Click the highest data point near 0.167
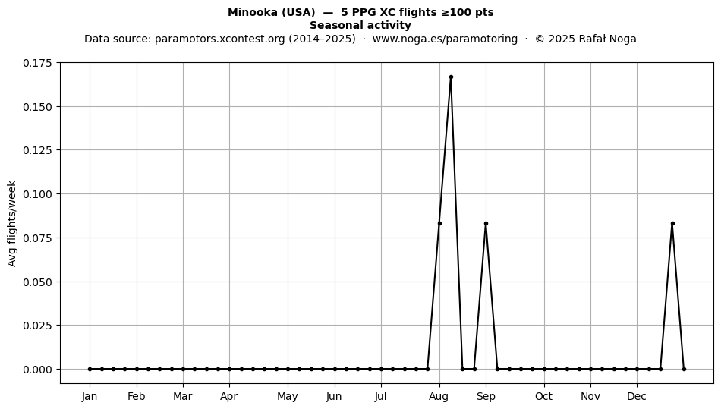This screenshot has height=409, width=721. [451, 77]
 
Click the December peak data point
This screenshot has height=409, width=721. [672, 223]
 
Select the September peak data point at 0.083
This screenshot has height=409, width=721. [486, 223]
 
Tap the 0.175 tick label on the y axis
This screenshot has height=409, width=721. [38, 63]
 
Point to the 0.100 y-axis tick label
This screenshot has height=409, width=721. [38, 194]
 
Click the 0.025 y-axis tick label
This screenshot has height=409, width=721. [38, 326]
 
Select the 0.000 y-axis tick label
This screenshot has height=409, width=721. [38, 369]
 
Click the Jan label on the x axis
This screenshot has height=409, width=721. [90, 396]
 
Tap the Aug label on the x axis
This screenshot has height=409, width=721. [439, 396]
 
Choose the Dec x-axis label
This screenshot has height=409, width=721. [637, 396]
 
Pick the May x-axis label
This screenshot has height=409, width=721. [288, 397]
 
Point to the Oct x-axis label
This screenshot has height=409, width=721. [544, 396]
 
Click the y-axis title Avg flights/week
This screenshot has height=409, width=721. [12, 223]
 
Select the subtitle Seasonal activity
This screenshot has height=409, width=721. [360, 25]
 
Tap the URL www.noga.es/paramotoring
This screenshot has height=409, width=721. [445, 39]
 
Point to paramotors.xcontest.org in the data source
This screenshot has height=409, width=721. [220, 39]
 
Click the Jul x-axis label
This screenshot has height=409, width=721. [381, 396]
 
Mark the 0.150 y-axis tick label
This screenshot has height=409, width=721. [38, 107]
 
